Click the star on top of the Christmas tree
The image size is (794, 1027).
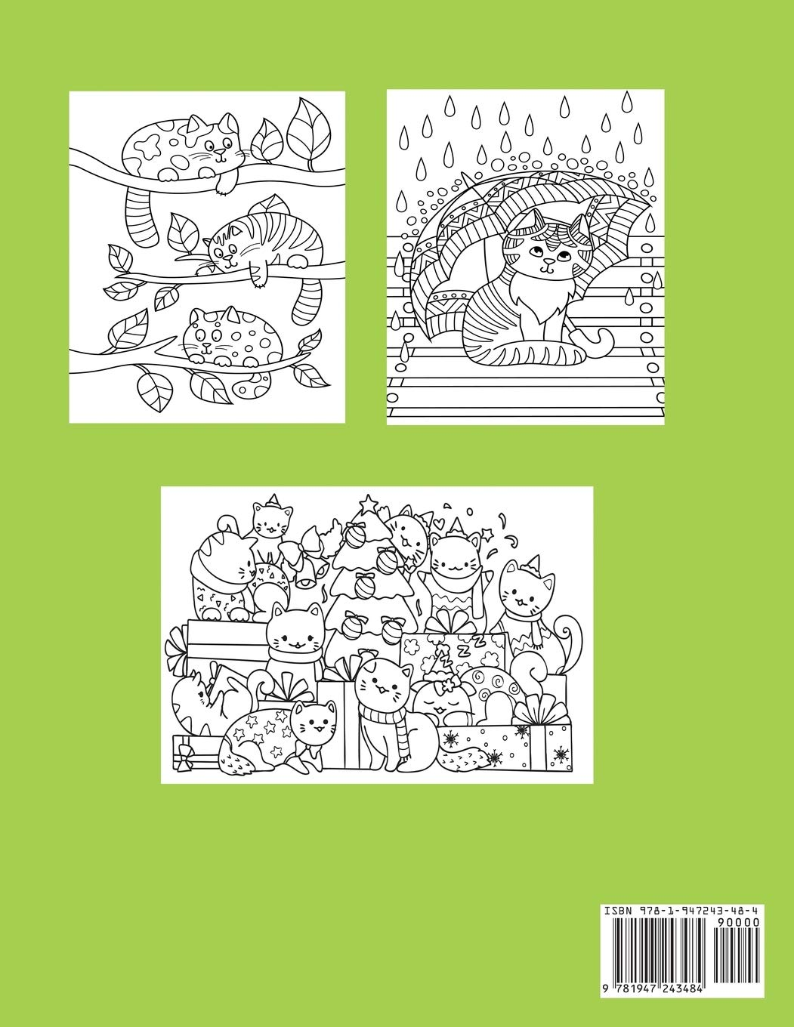pyautogui.click(x=369, y=501)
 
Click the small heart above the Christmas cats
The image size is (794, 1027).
pyautogui.click(x=437, y=521)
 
